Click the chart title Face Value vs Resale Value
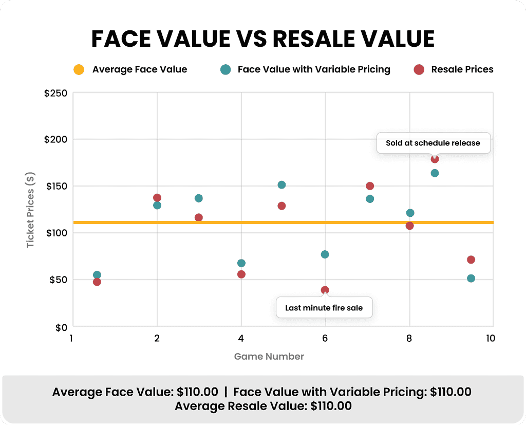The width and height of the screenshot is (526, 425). (x=262, y=39)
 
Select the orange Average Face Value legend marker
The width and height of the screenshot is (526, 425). (x=79, y=69)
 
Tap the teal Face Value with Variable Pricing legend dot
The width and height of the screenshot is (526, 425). (x=224, y=69)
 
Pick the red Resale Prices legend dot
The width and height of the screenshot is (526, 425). (x=419, y=69)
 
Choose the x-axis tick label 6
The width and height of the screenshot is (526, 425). (x=325, y=338)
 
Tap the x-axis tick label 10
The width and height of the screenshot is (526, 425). (x=491, y=338)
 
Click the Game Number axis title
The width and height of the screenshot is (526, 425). (x=269, y=356)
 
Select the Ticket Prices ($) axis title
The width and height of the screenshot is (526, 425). (x=31, y=209)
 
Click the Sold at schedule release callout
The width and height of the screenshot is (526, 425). (x=433, y=143)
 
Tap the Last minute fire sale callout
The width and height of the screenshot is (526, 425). (x=324, y=308)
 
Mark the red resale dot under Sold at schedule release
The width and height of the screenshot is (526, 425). (x=435, y=159)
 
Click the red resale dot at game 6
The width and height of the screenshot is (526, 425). (x=325, y=290)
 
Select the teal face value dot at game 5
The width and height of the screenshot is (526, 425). (x=281, y=185)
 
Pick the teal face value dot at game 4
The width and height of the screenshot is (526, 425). (x=241, y=263)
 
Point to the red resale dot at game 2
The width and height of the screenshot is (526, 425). (x=157, y=198)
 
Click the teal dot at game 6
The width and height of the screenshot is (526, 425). (x=325, y=254)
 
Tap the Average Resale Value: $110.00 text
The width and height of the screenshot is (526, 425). (x=263, y=406)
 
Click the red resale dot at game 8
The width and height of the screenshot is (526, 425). (x=409, y=226)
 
